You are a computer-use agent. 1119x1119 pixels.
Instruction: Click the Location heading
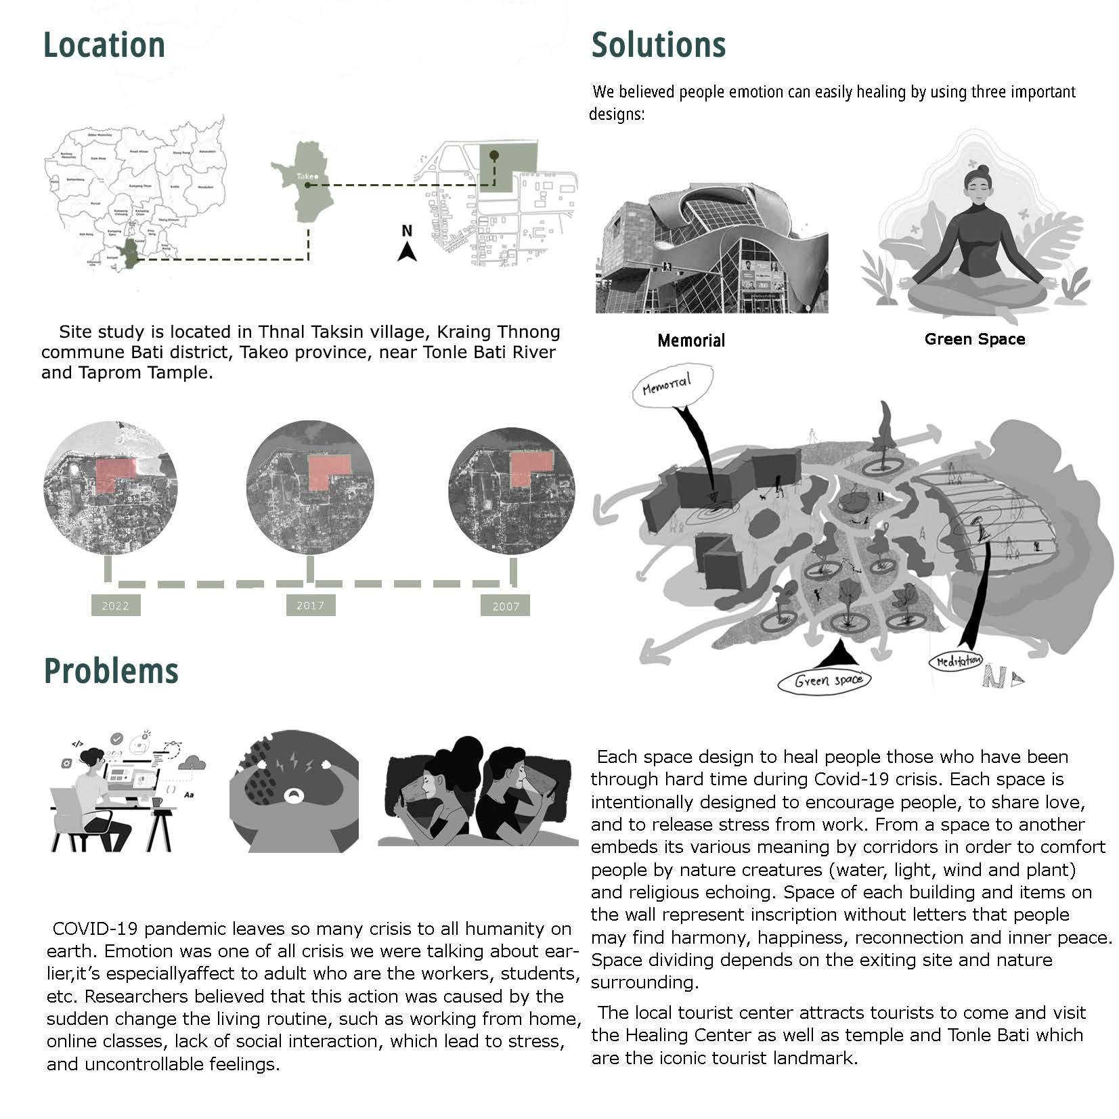click(104, 45)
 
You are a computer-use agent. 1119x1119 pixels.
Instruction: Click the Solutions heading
click(658, 45)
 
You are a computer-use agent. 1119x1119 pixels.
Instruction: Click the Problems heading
click(111, 671)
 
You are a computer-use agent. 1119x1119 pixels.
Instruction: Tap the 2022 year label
click(115, 606)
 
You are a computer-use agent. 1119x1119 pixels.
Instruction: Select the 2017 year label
click(310, 605)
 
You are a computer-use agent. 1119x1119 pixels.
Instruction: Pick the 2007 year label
click(505, 606)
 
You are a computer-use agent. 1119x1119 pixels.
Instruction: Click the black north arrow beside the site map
click(406, 252)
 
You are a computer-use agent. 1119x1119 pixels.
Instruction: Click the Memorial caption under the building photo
click(690, 341)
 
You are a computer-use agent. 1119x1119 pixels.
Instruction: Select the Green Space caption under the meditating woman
click(974, 339)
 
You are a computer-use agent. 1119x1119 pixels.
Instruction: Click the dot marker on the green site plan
click(494, 156)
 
